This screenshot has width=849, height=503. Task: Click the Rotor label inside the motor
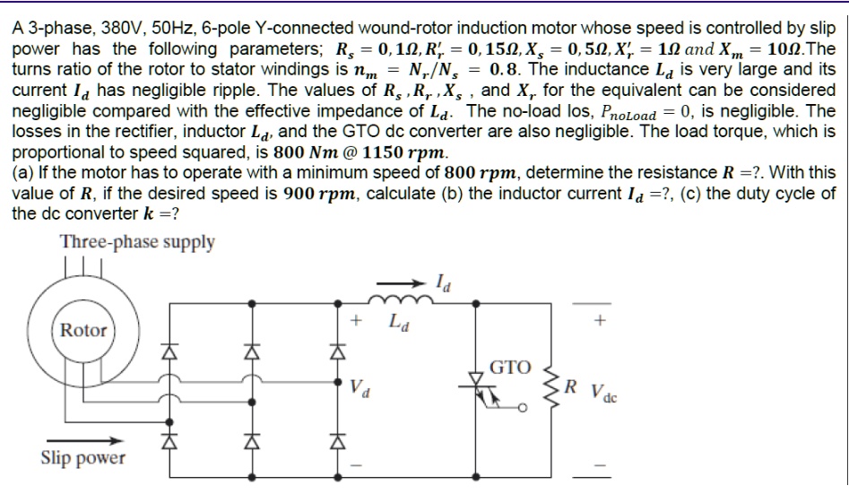(83, 330)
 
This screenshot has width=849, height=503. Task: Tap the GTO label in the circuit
(511, 367)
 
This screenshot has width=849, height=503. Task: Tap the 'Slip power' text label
(82, 458)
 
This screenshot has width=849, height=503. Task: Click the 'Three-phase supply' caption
(137, 243)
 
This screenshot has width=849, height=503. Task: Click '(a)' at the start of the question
(23, 173)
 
